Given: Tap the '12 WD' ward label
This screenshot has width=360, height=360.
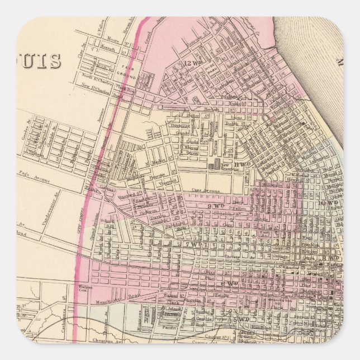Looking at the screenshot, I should pyautogui.click(x=192, y=64).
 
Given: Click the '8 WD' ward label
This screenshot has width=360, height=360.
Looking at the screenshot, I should pyautogui.click(x=330, y=258).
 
